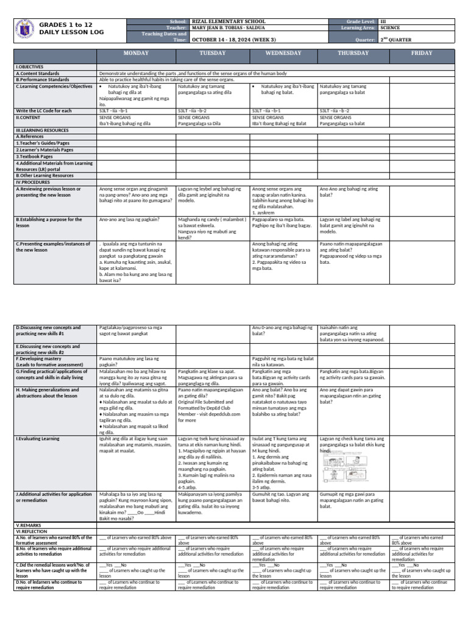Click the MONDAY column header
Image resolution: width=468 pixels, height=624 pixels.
136,54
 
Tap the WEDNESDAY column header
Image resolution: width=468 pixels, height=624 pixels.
283,54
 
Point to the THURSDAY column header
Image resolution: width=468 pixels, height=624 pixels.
353,54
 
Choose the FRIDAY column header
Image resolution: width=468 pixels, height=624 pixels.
422,54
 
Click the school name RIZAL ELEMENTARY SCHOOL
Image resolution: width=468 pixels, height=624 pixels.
221,21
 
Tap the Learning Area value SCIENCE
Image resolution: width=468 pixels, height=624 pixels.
390,27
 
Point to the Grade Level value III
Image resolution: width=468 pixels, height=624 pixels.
383,21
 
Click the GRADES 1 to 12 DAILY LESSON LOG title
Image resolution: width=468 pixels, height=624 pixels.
65,27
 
